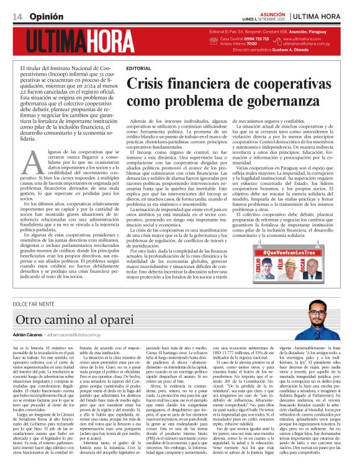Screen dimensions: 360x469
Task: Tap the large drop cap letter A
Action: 35,163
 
